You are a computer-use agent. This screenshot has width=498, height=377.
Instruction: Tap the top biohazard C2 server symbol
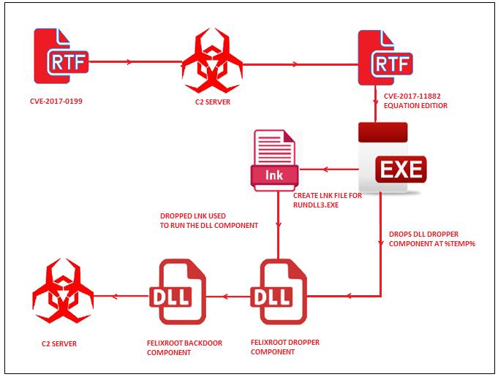(x=212, y=62)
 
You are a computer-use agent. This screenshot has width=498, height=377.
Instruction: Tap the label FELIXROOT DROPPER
(x=285, y=341)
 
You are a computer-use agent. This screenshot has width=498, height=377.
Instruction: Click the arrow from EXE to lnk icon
(x=329, y=170)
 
